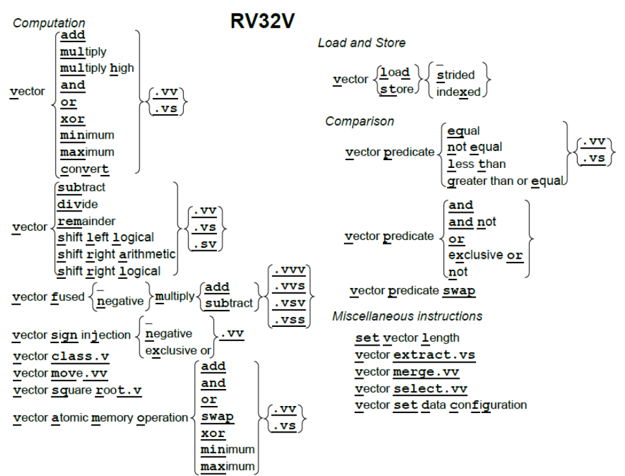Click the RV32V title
[263, 21]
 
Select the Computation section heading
[49, 23]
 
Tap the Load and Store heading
[361, 43]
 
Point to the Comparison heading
[359, 121]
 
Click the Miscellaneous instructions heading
[407, 316]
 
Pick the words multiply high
[97, 68]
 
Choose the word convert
[84, 169]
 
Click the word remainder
[86, 220]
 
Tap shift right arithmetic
[117, 254]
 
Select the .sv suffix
[205, 244]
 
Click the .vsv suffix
[290, 303]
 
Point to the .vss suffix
[290, 320]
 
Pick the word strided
[455, 75]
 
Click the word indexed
[459, 92]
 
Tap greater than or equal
[505, 181]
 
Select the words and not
[472, 222]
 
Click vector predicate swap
[413, 291]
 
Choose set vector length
[407, 338]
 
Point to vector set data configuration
[441, 405]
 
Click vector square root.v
[77, 390]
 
